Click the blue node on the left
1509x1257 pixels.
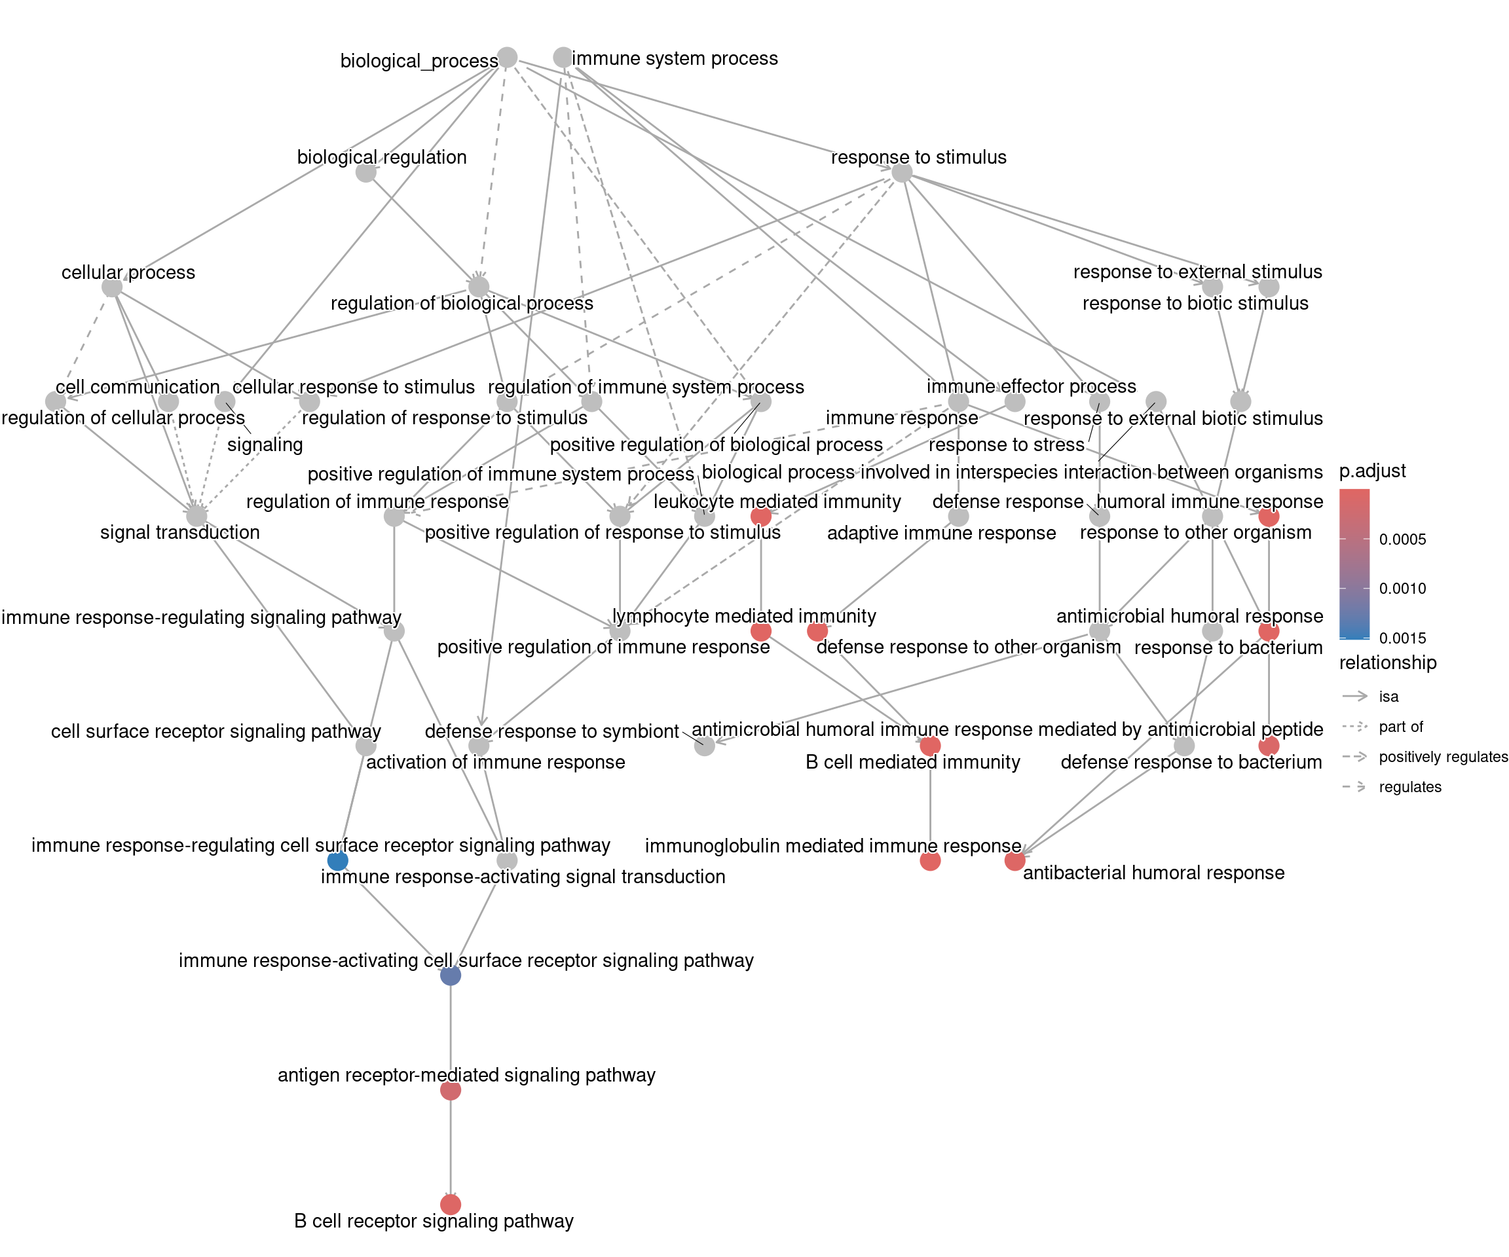(337, 860)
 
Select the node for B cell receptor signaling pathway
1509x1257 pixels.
(451, 1204)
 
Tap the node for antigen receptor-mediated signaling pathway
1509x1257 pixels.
(451, 1090)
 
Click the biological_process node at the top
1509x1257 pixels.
(508, 58)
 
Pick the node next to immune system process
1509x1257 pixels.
(563, 58)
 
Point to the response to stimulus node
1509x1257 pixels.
(902, 172)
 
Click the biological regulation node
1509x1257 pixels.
(365, 172)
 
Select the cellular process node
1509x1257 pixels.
(112, 287)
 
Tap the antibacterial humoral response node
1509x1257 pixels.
(1015, 860)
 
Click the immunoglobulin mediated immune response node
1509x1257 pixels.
(930, 860)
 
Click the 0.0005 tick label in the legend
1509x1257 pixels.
(1402, 539)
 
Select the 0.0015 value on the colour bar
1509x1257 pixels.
(1402, 638)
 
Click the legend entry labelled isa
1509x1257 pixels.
(1388, 696)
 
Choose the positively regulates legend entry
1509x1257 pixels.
(1442, 757)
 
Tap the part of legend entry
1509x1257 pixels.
(1400, 727)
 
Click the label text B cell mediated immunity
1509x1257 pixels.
(912, 762)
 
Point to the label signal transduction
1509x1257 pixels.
(179, 532)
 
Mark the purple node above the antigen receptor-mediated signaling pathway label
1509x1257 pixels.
(451, 975)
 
